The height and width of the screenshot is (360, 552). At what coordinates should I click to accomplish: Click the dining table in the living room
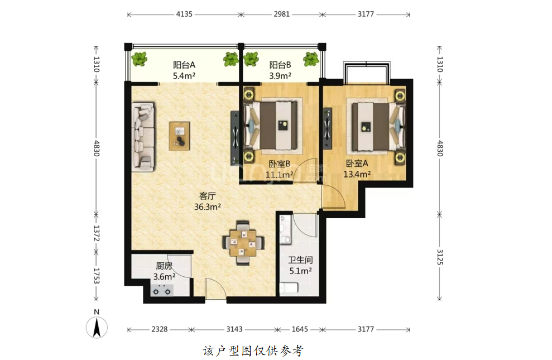(243, 242)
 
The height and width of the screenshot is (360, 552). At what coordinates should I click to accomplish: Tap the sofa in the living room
(143, 137)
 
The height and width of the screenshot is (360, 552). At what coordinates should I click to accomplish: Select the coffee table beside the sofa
(180, 136)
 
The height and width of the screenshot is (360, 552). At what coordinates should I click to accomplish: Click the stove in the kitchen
(162, 291)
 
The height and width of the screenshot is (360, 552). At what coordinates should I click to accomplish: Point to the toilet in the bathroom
(289, 288)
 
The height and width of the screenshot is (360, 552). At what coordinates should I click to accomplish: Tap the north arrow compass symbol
(97, 327)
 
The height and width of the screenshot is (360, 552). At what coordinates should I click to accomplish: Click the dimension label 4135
(184, 14)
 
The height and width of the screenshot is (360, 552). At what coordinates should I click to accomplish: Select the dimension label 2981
(282, 14)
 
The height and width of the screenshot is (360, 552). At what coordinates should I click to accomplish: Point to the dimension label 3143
(234, 329)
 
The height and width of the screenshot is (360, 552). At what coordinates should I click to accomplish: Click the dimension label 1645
(300, 329)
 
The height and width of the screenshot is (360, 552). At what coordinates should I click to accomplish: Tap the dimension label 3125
(440, 257)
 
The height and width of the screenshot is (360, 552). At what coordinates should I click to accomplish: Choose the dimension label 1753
(97, 276)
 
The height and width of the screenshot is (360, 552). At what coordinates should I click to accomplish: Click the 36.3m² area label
(208, 207)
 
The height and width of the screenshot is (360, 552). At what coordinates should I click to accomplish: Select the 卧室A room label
(357, 164)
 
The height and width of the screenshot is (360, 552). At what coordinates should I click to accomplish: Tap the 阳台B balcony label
(280, 65)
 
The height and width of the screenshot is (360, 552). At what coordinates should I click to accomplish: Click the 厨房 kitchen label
(165, 266)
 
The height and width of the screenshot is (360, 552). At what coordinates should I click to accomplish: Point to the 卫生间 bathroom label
(300, 260)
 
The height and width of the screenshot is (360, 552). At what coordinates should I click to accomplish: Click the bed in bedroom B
(272, 125)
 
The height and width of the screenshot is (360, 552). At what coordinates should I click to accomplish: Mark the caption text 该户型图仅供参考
(253, 351)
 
